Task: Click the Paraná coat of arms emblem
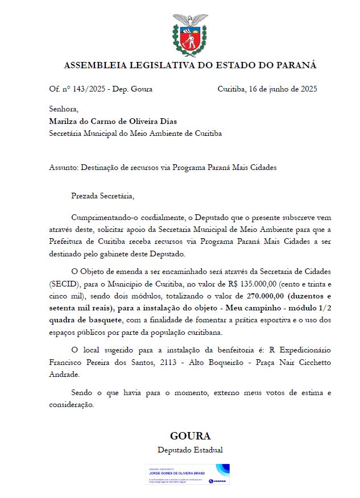click(190, 35)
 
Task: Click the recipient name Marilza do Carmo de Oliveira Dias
click(113, 121)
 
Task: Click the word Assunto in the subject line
click(63, 168)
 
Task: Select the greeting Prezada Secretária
click(102, 196)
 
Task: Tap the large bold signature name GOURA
click(190, 436)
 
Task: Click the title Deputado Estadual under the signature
click(190, 450)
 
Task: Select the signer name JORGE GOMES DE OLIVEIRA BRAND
click(177, 473)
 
